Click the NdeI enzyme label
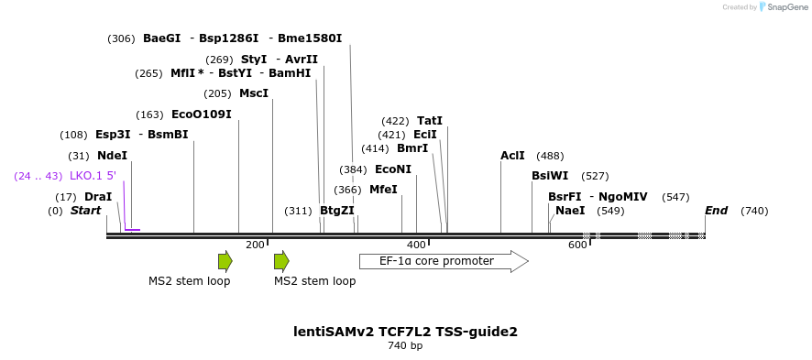click(112, 156)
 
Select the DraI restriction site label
click(98, 197)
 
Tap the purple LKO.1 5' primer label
click(93, 176)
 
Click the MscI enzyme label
click(254, 93)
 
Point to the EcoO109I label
click(202, 115)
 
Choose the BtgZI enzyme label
click(337, 211)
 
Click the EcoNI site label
click(393, 169)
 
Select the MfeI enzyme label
click(383, 190)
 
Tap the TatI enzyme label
click(430, 121)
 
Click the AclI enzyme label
click(512, 156)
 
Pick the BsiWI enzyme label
click(550, 176)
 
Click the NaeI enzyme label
click(570, 211)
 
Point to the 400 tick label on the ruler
click(416, 245)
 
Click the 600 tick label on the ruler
click(577, 245)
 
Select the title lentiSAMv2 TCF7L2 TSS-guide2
click(405, 332)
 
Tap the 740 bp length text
click(405, 346)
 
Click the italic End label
click(716, 211)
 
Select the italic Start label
click(85, 211)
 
